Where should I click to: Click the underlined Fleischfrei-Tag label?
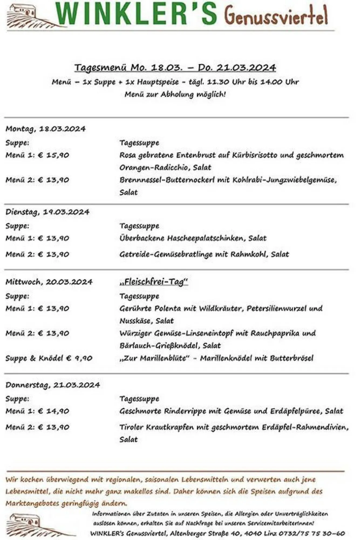pyautogui.click(x=154, y=282)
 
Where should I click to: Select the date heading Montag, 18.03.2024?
pyautogui.click(x=45, y=129)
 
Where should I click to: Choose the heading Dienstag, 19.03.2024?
pyautogui.click(x=47, y=212)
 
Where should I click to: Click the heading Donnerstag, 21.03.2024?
pyautogui.click(x=53, y=385)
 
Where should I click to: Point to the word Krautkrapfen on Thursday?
pyautogui.click(x=170, y=427)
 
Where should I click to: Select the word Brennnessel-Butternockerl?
pyautogui.click(x=167, y=180)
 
